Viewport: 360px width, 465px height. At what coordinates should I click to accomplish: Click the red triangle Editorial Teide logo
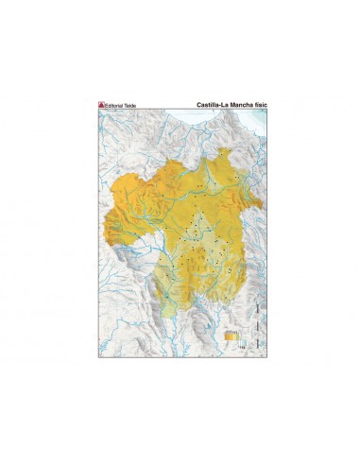pos(102,105)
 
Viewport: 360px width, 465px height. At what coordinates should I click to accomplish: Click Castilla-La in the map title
pos(212,105)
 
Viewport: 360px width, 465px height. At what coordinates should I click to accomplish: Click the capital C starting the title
pos(198,105)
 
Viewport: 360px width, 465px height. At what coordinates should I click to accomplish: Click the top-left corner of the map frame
pos(98,111)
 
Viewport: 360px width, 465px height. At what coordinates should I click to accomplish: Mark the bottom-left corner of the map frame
pos(98,357)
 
